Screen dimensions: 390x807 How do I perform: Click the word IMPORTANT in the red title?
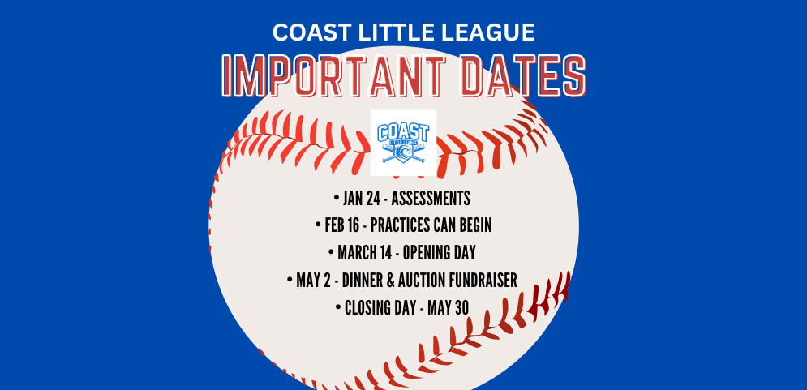point(339,76)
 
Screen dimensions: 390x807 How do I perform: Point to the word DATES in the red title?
point(520,76)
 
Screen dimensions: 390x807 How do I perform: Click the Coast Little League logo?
point(403,143)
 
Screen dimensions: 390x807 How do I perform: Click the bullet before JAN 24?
point(336,198)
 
